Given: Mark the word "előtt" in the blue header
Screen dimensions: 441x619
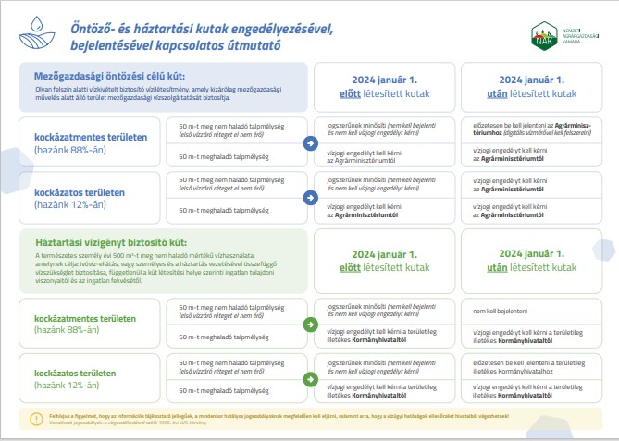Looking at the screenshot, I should click(350, 93).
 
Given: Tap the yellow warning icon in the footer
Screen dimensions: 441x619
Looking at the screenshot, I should click(36, 418).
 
